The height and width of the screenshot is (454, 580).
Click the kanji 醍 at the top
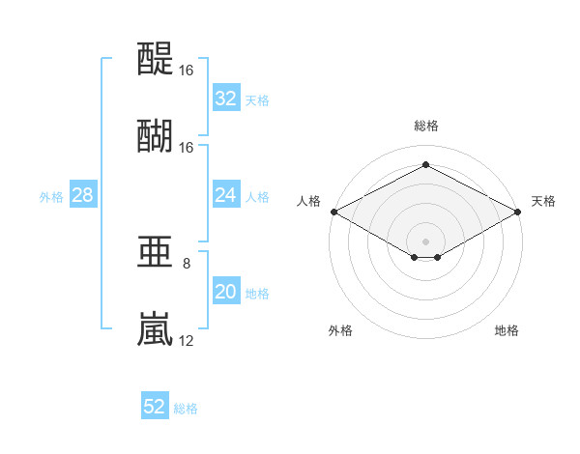[x=155, y=58]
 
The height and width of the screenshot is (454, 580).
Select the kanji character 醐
[x=155, y=135]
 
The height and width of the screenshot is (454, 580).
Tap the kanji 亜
[x=155, y=252]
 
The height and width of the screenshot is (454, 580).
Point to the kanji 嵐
[x=155, y=328]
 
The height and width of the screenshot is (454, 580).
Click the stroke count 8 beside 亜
[x=187, y=264]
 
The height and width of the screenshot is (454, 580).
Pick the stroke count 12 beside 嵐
[x=186, y=341]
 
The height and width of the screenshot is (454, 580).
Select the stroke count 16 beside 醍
[x=186, y=71]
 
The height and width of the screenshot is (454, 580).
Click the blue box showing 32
[x=226, y=98]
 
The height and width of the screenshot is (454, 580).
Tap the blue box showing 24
[x=226, y=194]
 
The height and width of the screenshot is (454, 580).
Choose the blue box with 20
[x=226, y=291]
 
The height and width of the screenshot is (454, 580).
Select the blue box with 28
[x=83, y=194]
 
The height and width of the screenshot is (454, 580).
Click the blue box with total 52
[x=155, y=405]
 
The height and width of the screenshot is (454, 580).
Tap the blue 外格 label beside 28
[x=51, y=197]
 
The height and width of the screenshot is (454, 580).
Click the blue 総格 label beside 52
[x=186, y=409]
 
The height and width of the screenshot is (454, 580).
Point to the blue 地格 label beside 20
[x=257, y=294]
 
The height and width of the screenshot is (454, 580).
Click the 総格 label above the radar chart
[x=426, y=126]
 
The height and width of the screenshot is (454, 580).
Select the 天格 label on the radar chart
[x=543, y=201]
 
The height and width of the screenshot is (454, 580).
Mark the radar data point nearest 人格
[x=334, y=212]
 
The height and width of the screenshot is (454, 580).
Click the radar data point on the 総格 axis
[x=425, y=164]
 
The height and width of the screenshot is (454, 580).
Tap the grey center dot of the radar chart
[x=425, y=241]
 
